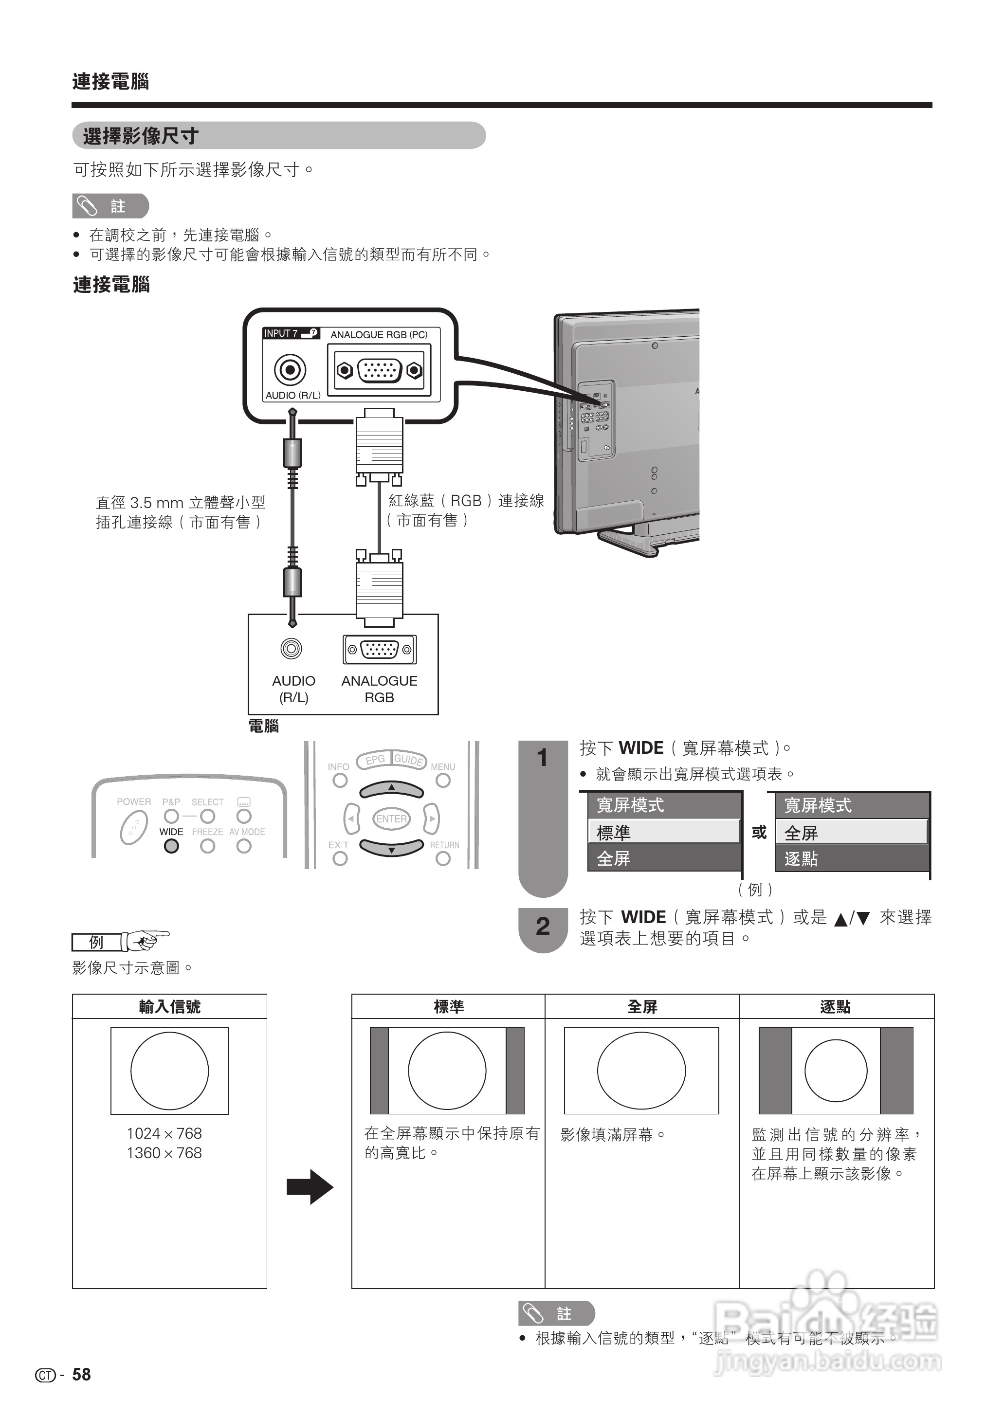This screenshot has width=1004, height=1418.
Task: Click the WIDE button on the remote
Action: (x=171, y=846)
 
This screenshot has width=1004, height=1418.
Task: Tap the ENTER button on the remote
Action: (x=391, y=819)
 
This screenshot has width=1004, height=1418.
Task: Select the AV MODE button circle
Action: (x=244, y=846)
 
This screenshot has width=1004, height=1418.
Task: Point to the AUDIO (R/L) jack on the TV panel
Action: (x=290, y=370)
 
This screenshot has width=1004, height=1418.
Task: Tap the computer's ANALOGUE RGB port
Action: (x=379, y=650)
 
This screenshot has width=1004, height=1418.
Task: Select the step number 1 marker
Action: (x=542, y=758)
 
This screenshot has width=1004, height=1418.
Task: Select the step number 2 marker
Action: (x=542, y=926)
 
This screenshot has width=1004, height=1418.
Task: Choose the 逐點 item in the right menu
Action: (x=852, y=858)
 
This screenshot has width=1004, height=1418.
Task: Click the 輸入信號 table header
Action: (x=169, y=1007)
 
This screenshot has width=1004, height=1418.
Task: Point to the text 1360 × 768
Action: (x=164, y=1153)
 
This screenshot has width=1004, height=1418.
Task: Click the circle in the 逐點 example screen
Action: (x=836, y=1071)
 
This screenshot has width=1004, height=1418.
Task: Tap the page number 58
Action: (x=82, y=1374)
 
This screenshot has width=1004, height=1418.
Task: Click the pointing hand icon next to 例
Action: (x=146, y=941)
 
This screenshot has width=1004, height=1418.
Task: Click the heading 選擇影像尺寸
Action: (x=141, y=136)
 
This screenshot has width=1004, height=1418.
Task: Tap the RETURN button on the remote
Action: (x=443, y=858)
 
